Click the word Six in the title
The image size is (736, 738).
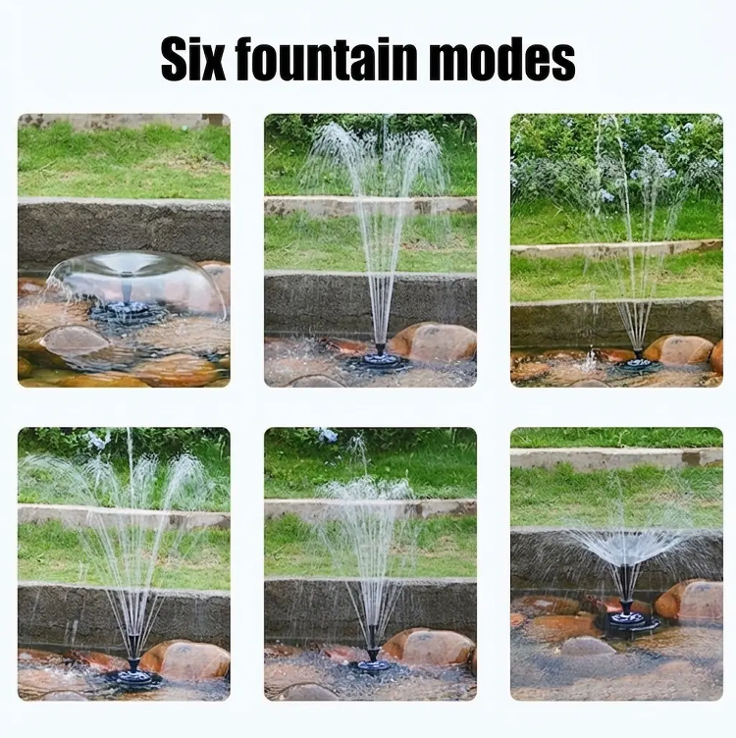tap(193, 60)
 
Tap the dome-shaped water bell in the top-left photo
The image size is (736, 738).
tap(136, 284)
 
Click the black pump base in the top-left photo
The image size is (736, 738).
tap(126, 312)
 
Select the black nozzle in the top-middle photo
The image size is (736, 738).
tap(380, 349)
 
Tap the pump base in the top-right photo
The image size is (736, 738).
tap(639, 364)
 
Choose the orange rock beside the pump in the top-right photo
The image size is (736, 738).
tap(678, 350)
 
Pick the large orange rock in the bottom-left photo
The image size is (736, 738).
tap(184, 660)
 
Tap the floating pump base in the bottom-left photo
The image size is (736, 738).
tap(133, 677)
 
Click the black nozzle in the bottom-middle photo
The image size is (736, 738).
tap(373, 655)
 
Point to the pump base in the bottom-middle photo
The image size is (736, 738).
tap(374, 665)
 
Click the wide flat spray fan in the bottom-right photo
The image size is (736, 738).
tap(625, 546)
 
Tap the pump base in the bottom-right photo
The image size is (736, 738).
tap(628, 621)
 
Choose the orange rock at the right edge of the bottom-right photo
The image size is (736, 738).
tap(690, 601)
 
